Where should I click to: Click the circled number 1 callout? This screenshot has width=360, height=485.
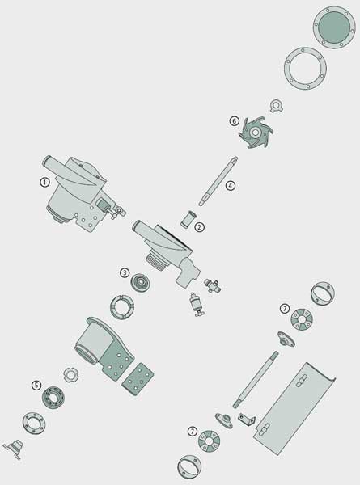tap(44, 183)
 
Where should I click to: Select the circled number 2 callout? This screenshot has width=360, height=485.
tap(200, 227)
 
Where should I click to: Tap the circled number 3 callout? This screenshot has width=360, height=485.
tap(125, 273)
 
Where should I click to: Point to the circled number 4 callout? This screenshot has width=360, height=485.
tap(230, 186)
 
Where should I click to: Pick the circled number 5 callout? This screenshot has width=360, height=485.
tap(36, 386)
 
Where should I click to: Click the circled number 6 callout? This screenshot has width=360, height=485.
tap(235, 121)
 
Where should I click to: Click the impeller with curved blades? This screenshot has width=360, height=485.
tap(256, 133)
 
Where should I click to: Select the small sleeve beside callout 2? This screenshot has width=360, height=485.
tap(188, 219)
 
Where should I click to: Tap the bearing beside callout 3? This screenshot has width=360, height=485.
tap(141, 282)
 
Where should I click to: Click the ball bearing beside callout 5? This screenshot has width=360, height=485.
tap(53, 398)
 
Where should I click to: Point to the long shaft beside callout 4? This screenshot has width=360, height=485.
tap(218, 181)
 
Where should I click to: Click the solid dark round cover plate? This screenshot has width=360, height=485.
tap(334, 27)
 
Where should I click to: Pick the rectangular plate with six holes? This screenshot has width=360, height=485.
tap(138, 379)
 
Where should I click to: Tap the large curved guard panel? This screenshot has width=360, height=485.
tap(294, 408)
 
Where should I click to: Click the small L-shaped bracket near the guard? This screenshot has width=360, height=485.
tap(247, 420)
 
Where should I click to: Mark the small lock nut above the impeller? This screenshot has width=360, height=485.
tap(277, 106)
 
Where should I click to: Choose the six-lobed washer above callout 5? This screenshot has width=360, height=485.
tap(71, 375)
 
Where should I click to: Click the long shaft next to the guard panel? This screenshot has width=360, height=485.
tap(256, 380)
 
